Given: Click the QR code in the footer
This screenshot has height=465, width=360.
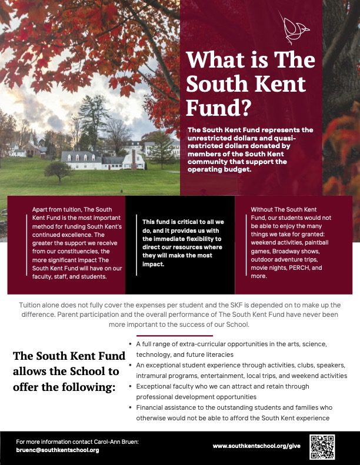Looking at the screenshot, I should click(x=322, y=447).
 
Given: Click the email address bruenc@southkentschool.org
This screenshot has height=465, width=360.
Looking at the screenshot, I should click(x=58, y=450).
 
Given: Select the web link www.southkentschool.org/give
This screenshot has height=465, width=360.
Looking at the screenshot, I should click(x=257, y=446).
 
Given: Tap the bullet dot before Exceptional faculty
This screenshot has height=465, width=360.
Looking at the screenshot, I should click(x=129, y=386).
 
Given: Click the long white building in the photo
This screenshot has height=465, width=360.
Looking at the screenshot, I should click(x=103, y=159).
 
